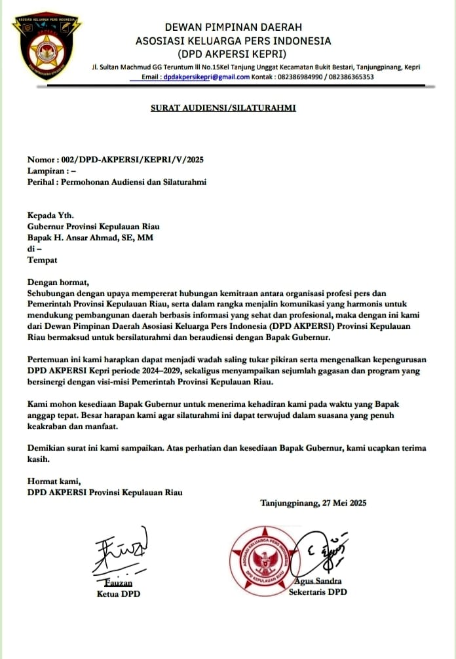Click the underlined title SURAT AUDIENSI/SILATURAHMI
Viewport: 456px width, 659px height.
click(223, 107)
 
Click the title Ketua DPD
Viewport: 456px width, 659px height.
click(119, 593)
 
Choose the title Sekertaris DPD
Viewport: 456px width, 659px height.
click(318, 592)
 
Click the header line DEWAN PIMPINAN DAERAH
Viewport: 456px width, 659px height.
click(233, 28)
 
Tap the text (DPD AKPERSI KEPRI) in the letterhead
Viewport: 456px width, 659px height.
click(233, 54)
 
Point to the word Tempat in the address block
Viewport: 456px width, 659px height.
click(42, 260)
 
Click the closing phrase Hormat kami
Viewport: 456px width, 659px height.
click(51, 481)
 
